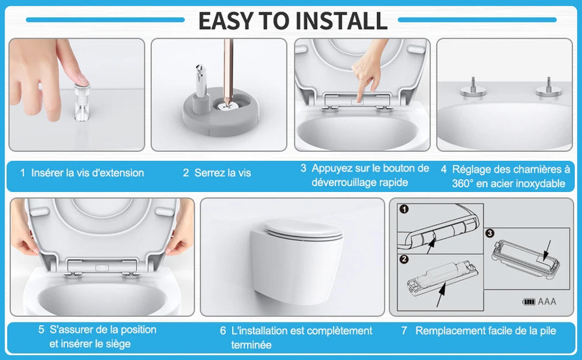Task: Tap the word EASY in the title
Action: click(226, 21)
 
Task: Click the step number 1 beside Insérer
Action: click(23, 173)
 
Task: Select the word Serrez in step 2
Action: click(210, 173)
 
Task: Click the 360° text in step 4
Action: click(462, 184)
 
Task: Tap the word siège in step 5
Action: click(119, 344)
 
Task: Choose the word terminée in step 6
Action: click(252, 344)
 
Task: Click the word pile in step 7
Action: click(548, 331)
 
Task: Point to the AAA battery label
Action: click(547, 301)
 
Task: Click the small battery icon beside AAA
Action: click(529, 302)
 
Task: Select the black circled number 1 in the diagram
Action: click(404, 209)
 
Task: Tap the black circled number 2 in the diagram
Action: click(404, 259)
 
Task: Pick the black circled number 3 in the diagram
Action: click(490, 233)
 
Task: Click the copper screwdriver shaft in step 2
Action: click(228, 70)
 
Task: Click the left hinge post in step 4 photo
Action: click(473, 88)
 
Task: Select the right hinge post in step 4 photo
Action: click(548, 88)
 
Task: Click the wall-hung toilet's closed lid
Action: click(303, 229)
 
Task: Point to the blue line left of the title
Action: click(105, 19)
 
